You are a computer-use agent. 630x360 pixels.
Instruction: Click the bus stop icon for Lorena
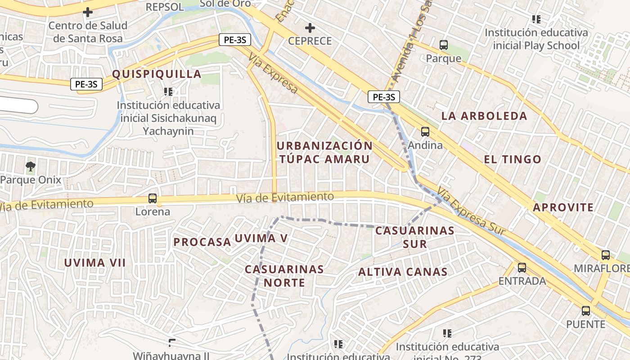pyautogui.click(x=153, y=198)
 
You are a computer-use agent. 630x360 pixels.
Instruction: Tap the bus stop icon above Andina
pyautogui.click(x=425, y=132)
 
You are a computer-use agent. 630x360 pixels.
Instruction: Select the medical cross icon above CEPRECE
pyautogui.click(x=310, y=28)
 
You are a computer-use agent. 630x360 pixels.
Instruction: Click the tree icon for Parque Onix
pyautogui.click(x=31, y=167)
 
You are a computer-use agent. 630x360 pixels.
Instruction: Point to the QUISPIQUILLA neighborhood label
pyautogui.click(x=156, y=74)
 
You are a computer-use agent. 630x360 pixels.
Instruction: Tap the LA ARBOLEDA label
pyautogui.click(x=484, y=116)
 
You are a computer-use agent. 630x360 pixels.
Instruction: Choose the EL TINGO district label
pyautogui.click(x=513, y=159)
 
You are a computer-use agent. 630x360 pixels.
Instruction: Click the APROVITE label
pyautogui.click(x=563, y=207)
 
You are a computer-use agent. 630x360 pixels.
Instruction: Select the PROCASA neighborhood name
pyautogui.click(x=202, y=242)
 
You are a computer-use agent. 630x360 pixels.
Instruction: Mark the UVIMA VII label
pyautogui.click(x=95, y=263)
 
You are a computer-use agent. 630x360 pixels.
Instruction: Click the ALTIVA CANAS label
pyautogui.click(x=403, y=272)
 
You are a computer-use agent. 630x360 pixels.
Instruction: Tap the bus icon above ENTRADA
pyautogui.click(x=522, y=268)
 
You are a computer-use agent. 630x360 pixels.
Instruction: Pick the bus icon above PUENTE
pyautogui.click(x=585, y=310)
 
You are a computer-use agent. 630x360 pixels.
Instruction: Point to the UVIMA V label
pyautogui.click(x=261, y=238)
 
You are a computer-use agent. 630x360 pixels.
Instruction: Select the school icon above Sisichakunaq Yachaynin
pyautogui.click(x=168, y=92)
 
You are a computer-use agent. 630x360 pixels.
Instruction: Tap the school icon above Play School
pyautogui.click(x=536, y=19)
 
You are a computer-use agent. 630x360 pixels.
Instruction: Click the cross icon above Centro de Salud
pyautogui.click(x=88, y=12)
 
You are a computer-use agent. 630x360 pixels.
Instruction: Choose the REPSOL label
pyautogui.click(x=165, y=7)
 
